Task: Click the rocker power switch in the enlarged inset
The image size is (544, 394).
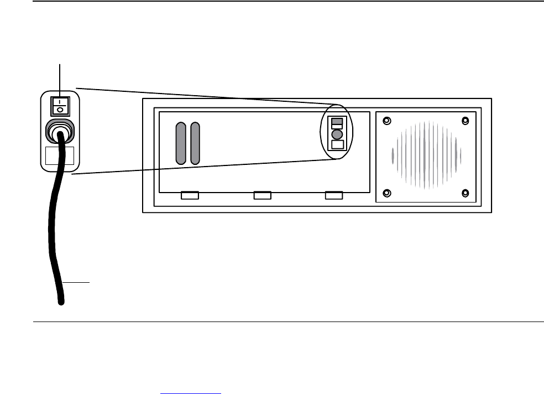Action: pyautogui.click(x=60, y=106)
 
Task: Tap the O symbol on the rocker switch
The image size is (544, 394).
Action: pyautogui.click(x=60, y=110)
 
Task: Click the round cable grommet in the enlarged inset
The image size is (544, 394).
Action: pyautogui.click(x=60, y=132)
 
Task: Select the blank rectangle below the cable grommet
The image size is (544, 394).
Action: pyautogui.click(x=60, y=155)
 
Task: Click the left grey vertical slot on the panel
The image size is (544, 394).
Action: pyautogui.click(x=180, y=143)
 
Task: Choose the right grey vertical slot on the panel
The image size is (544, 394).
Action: pyautogui.click(x=195, y=143)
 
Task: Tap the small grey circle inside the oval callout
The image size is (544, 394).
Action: pyautogui.click(x=337, y=134)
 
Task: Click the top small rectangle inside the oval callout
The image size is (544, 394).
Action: pyautogui.click(x=337, y=123)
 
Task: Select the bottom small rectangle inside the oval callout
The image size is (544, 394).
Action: pyautogui.click(x=337, y=145)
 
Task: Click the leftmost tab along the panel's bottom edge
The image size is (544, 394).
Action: pyautogui.click(x=190, y=195)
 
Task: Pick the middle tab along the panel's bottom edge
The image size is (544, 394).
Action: pyautogui.click(x=261, y=195)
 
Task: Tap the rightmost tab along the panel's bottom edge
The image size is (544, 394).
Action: pyautogui.click(x=333, y=195)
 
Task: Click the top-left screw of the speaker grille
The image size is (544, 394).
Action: pyautogui.click(x=387, y=120)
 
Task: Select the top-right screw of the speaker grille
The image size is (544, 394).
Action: pyautogui.click(x=465, y=120)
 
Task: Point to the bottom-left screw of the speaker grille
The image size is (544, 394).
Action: pyautogui.click(x=387, y=193)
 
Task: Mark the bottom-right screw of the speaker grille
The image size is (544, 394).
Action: pyautogui.click(x=465, y=193)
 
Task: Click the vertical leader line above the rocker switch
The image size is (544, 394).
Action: pyautogui.click(x=60, y=78)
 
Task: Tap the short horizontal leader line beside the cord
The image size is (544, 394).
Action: pyautogui.click(x=76, y=282)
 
